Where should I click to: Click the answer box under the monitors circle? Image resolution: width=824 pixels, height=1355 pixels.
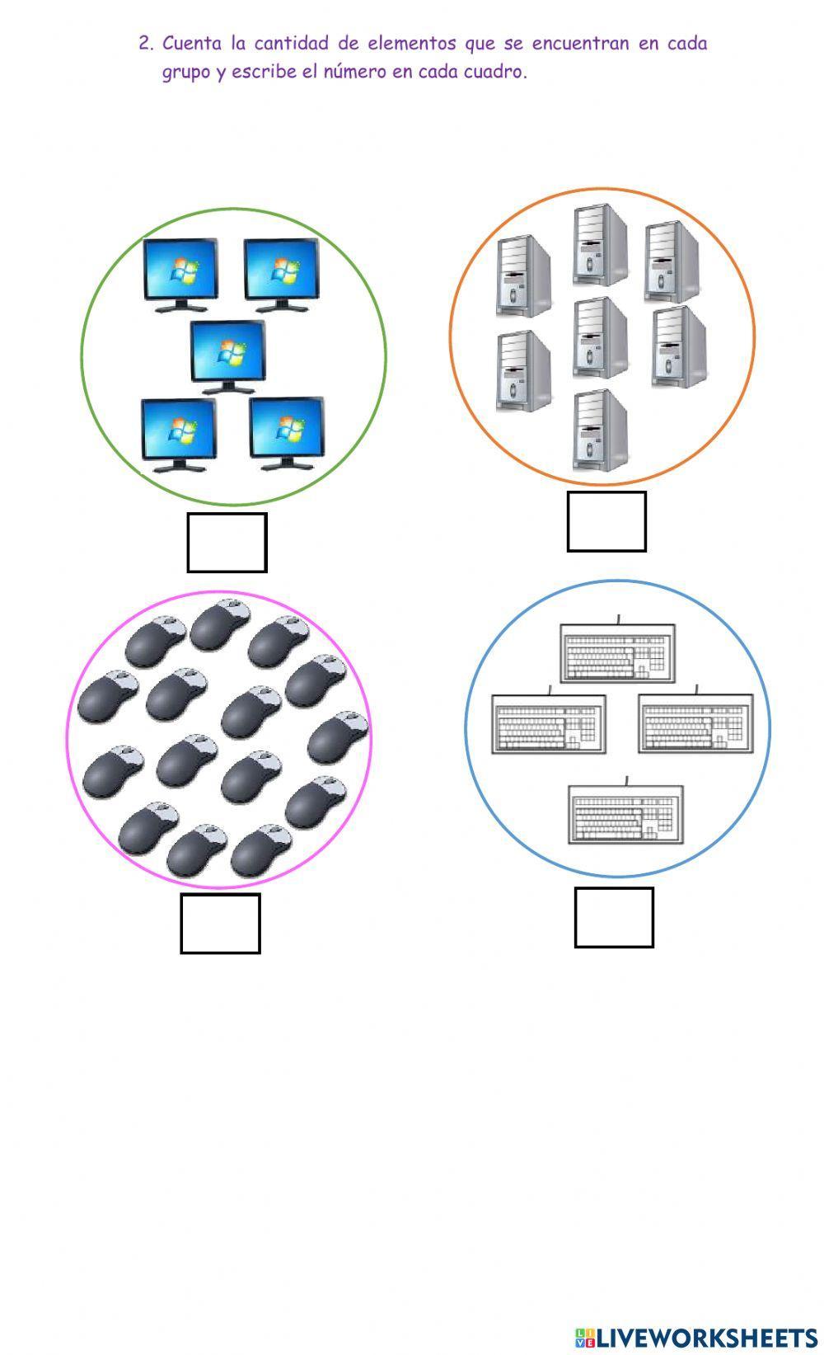pos(227,543)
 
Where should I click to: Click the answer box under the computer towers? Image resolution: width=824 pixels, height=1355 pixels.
pos(606,521)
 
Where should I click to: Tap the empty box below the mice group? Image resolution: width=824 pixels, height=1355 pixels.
pos(220,924)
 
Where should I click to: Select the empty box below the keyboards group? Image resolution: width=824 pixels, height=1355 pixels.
pos(614,917)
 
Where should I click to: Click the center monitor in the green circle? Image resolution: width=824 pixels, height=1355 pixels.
pos(228,353)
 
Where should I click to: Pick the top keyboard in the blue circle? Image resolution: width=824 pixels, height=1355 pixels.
pos(618,653)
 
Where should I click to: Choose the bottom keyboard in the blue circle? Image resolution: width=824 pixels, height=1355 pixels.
pos(625,815)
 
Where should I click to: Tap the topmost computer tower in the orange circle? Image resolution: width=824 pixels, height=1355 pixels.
pos(600,245)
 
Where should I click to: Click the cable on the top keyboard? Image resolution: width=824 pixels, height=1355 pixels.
pos(618,619)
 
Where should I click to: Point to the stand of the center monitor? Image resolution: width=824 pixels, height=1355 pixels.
pos(228,388)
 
